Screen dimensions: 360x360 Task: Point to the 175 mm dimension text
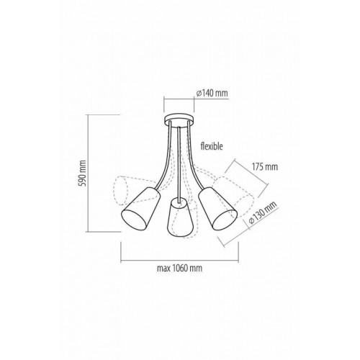pyautogui.click(x=265, y=166)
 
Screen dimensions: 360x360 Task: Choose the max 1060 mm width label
pyautogui.click(x=179, y=271)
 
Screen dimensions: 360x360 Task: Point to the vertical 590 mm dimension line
pyautogui.click(x=90, y=173)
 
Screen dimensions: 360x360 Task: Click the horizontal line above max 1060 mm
pyautogui.click(x=179, y=259)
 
